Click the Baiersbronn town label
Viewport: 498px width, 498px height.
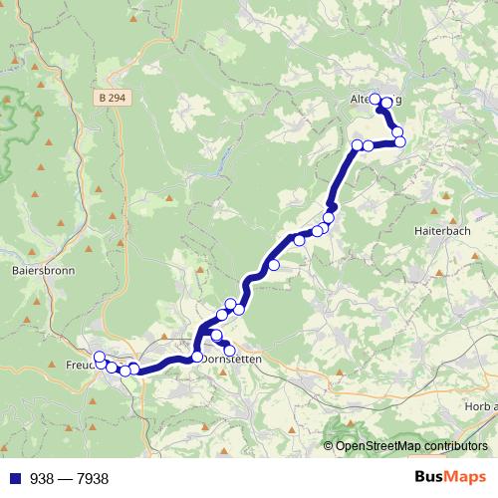[37, 269]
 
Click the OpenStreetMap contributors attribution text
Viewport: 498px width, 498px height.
[411, 446]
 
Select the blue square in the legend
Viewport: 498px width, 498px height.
[12, 479]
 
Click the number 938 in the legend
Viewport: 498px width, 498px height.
[41, 479]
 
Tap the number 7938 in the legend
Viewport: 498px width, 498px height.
[91, 479]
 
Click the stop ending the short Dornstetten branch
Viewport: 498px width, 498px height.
[229, 349]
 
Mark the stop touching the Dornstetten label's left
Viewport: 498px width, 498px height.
[197, 357]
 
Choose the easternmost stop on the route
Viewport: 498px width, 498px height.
[401, 142]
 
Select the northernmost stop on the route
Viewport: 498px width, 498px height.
[375, 99]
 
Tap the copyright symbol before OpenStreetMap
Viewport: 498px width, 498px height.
[329, 446]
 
